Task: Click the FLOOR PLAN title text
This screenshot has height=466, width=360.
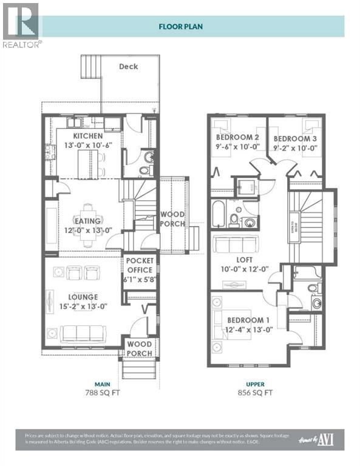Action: (180, 26)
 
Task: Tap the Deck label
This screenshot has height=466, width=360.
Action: (128, 66)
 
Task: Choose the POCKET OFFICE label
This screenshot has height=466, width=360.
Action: (140, 266)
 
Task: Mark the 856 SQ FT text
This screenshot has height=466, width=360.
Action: (255, 393)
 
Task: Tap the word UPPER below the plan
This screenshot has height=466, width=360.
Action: (255, 383)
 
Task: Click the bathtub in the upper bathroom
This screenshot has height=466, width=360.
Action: (219, 214)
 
